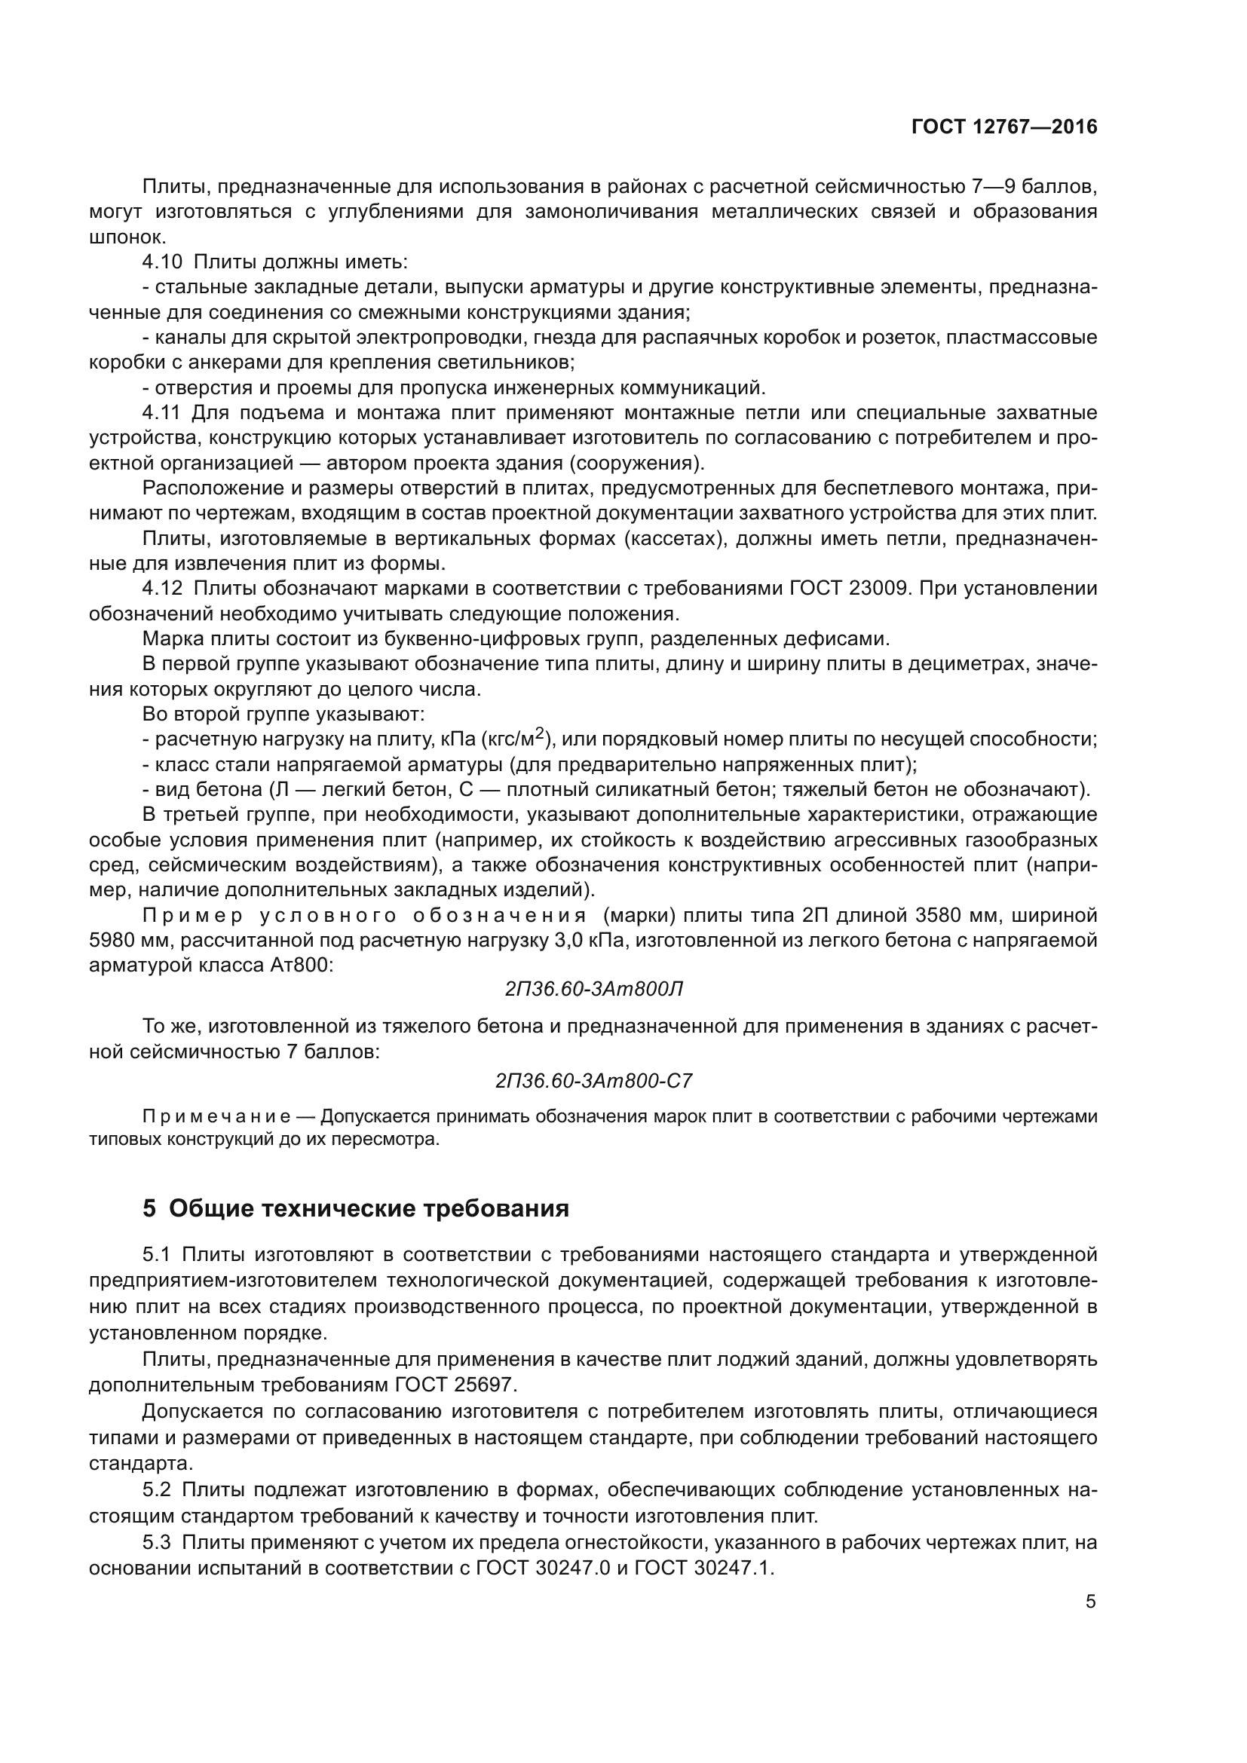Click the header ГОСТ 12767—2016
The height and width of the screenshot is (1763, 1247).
point(1003,127)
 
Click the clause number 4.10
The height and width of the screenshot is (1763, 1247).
point(162,262)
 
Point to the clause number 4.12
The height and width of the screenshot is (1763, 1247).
point(162,589)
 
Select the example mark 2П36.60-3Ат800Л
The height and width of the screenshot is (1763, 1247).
point(593,990)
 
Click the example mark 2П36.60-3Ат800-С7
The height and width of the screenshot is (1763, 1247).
point(593,1081)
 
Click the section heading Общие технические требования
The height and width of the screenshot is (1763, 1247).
point(369,1208)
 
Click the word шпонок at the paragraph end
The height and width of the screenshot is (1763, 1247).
point(127,237)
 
